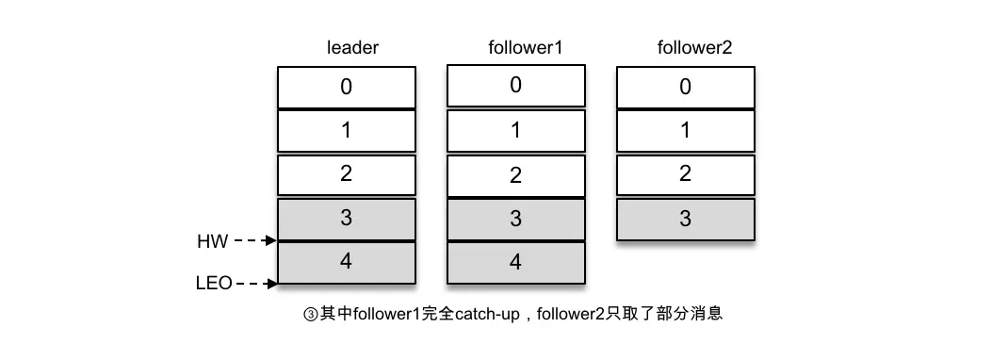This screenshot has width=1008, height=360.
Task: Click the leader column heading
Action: pyautogui.click(x=351, y=48)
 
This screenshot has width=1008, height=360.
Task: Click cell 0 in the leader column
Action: pyautogui.click(x=347, y=87)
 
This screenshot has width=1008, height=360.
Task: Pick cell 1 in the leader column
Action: pyautogui.click(x=347, y=131)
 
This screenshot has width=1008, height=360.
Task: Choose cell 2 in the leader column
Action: pyautogui.click(x=347, y=175)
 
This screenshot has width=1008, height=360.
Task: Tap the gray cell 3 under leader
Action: pyautogui.click(x=347, y=219)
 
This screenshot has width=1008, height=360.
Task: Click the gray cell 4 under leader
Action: pyautogui.click(x=347, y=262)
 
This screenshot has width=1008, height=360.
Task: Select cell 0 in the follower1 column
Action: pyautogui.click(x=515, y=85)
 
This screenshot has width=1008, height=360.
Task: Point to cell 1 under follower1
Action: pyautogui.click(x=515, y=130)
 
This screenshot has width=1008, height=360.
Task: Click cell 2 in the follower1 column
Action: pyautogui.click(x=515, y=175)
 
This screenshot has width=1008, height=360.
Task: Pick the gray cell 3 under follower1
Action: pyautogui.click(x=515, y=219)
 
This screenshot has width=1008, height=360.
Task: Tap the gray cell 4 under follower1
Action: pyautogui.click(x=515, y=262)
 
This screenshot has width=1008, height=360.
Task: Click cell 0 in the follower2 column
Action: pyautogui.click(x=685, y=87)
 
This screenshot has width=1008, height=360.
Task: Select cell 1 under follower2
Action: pyautogui.click(x=685, y=131)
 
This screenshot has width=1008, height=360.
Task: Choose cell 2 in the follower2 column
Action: pyautogui.click(x=685, y=174)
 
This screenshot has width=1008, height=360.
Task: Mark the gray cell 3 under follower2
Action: pyautogui.click(x=685, y=219)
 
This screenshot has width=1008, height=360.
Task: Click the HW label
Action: pyautogui.click(x=212, y=242)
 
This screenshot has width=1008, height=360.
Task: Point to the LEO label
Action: pyautogui.click(x=214, y=283)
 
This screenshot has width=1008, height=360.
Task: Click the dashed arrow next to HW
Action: pyautogui.click(x=255, y=241)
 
